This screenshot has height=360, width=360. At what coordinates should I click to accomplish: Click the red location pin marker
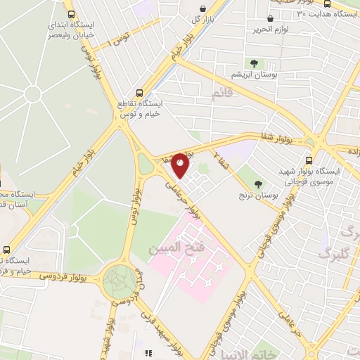(180, 165)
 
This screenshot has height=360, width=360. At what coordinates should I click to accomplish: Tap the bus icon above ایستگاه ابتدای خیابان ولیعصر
(70, 13)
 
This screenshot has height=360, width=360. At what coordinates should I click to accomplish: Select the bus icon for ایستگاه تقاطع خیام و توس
(139, 92)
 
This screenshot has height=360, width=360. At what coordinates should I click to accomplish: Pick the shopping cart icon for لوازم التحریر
(271, 19)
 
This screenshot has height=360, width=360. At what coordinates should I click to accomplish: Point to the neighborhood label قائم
(222, 92)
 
